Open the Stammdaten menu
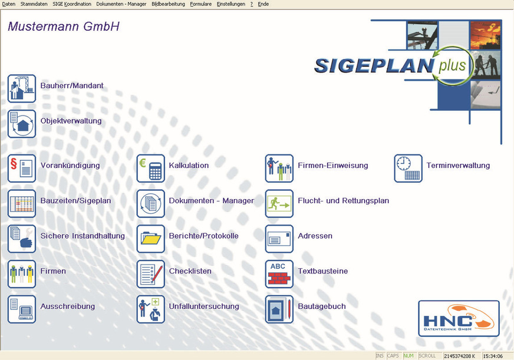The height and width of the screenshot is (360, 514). point(34,4)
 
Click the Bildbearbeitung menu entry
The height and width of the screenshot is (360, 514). point(168,4)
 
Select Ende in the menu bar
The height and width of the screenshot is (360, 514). point(263,4)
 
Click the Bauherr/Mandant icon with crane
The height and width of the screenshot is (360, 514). point(22,88)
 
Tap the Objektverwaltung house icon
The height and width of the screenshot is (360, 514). point(22,124)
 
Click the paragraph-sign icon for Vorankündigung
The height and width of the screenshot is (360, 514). point(22,169)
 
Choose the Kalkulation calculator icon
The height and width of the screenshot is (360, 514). point(150,169)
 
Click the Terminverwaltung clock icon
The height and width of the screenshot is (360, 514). point(408,169)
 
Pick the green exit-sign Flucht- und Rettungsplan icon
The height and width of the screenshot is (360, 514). point(279,203)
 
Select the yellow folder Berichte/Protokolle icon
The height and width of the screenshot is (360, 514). point(150,239)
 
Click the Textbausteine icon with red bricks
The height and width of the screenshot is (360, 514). point(279,274)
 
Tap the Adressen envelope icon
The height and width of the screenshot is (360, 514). point(279,239)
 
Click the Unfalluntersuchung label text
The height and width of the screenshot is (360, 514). point(204,306)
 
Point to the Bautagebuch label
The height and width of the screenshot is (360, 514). point(322,306)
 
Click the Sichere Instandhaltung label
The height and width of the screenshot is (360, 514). point(83,236)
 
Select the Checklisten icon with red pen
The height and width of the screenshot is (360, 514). point(150,274)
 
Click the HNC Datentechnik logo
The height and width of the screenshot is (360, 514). point(459,319)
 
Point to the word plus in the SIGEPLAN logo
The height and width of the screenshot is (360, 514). point(452,65)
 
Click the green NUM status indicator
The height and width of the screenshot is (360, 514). point(408,356)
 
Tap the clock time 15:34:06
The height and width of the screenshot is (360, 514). point(493,356)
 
